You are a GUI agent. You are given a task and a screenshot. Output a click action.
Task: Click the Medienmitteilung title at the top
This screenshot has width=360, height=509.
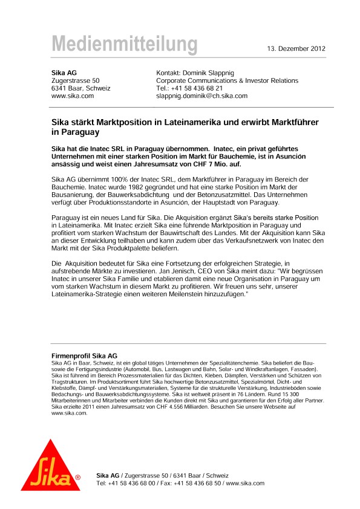click(124, 45)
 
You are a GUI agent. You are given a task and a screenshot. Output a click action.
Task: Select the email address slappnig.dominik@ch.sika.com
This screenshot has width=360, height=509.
click(201, 96)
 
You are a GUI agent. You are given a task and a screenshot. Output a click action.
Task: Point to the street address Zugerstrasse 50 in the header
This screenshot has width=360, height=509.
click(76, 80)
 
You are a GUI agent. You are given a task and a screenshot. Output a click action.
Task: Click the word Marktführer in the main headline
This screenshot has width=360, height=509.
click(292, 122)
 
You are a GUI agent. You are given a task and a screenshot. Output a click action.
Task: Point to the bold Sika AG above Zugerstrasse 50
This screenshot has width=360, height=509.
click(64, 73)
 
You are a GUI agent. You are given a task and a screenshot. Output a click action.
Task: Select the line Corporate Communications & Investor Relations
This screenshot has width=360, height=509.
click(227, 80)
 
